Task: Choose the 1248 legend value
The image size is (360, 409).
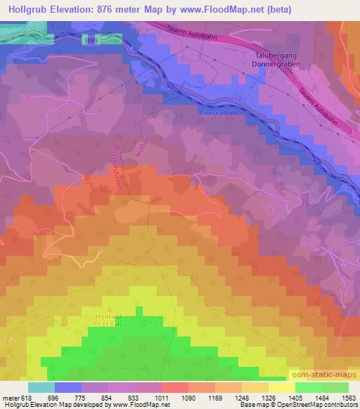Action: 243,398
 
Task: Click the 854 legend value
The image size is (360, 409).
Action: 108,398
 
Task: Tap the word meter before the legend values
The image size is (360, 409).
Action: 11,398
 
